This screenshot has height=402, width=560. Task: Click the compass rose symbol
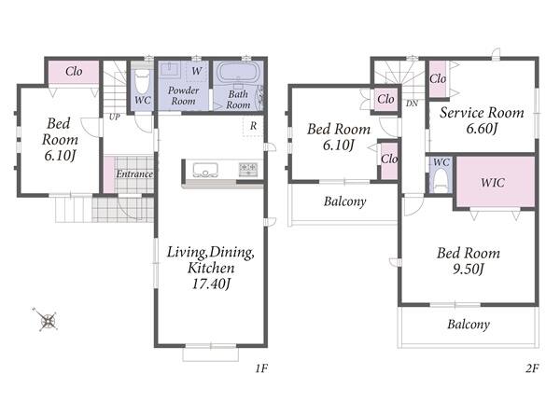[48, 320]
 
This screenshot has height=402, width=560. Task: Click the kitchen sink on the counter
[205, 170]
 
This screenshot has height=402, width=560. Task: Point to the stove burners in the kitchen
[248, 169]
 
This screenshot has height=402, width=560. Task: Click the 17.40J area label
[211, 284]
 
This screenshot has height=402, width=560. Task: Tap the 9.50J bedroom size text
[468, 269]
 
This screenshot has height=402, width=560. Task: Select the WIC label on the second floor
[493, 183]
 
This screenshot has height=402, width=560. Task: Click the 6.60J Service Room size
[482, 129]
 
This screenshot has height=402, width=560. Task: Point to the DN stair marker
[412, 104]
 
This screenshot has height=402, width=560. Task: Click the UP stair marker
[114, 117]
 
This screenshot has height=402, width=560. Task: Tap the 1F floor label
[261, 368]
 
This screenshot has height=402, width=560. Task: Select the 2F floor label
[532, 368]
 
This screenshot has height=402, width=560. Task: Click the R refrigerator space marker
[253, 126]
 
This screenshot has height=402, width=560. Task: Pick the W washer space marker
[197, 71]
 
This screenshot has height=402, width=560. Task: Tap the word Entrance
[134, 173]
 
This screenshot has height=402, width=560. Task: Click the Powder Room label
[183, 96]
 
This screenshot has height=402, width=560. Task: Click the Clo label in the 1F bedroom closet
[74, 72]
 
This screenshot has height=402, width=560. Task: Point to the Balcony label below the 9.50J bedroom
[469, 325]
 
